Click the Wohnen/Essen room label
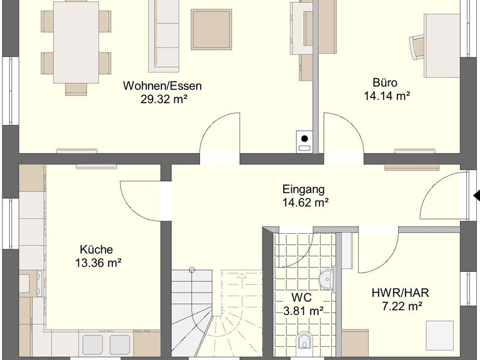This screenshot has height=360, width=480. [x=162, y=86]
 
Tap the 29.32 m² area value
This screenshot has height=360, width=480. [x=164, y=99]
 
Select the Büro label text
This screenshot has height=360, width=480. [x=385, y=82]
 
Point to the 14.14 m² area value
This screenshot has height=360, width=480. [x=387, y=96]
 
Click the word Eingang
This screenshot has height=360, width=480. [x=303, y=190]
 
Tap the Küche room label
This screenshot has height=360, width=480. [x=96, y=249]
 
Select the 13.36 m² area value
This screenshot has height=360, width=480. [x=98, y=263]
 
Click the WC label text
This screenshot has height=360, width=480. [x=301, y=297]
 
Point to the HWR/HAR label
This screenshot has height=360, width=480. [x=401, y=293]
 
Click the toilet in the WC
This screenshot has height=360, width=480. [x=305, y=341]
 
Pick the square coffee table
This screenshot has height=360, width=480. [x=211, y=29]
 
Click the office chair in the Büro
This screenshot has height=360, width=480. [x=417, y=47]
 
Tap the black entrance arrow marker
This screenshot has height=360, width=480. [x=477, y=196]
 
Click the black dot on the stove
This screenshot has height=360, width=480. [x=304, y=139]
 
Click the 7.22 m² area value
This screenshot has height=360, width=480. [x=402, y=306]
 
